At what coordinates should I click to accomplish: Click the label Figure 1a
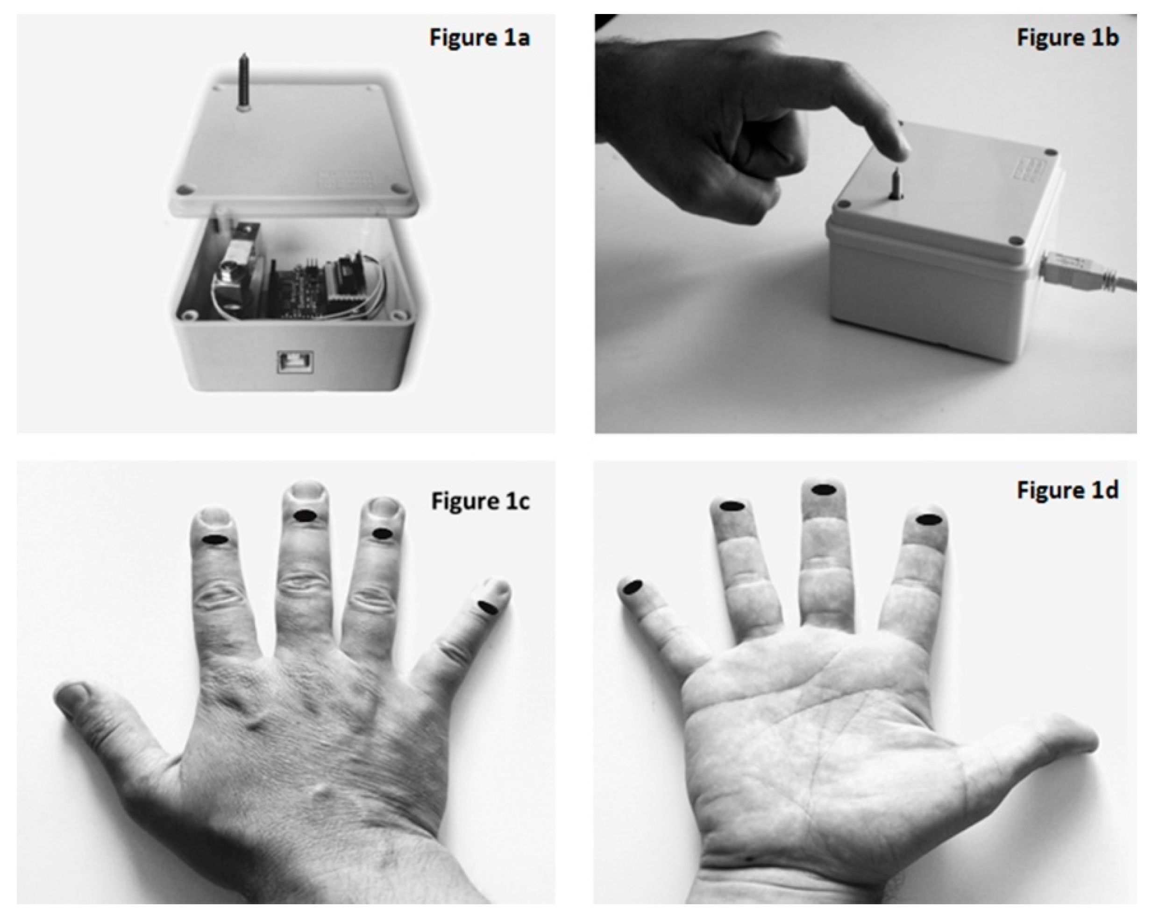tap(480, 38)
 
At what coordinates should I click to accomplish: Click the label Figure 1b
tap(1067, 38)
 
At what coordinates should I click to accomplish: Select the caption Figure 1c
tap(480, 501)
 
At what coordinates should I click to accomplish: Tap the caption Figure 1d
tap(1067, 490)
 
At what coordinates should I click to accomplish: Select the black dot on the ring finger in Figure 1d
tap(732, 506)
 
